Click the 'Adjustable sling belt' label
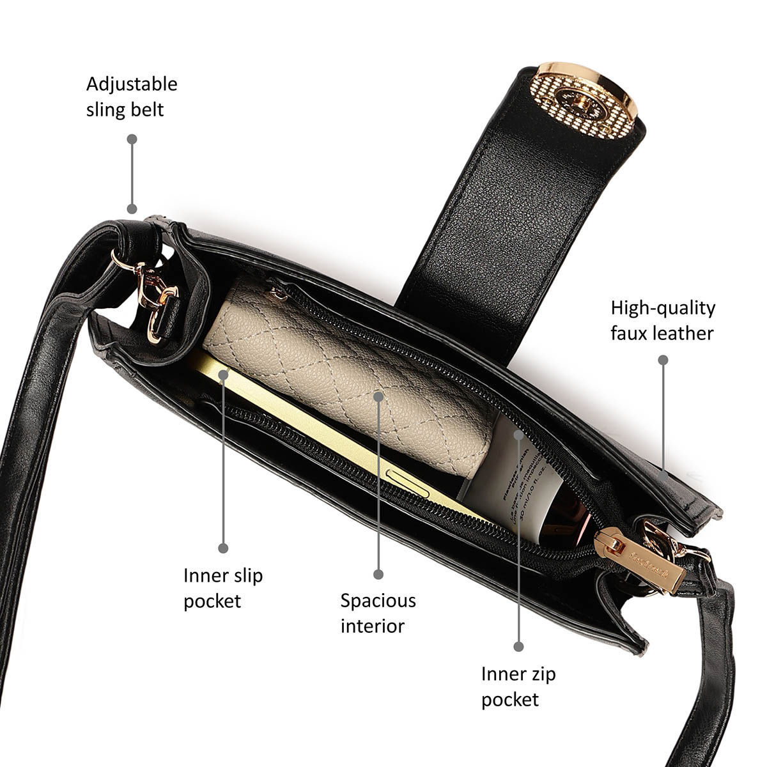pos(132,97)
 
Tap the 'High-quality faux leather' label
pos(663,320)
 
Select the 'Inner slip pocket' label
pos(223,588)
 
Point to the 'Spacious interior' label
pos(378,613)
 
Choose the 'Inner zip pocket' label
pos(518,686)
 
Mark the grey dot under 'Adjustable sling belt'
pos(132,208)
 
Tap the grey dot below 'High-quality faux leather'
pos(663,360)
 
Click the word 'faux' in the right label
pos(631,333)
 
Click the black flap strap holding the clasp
pos(486,224)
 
